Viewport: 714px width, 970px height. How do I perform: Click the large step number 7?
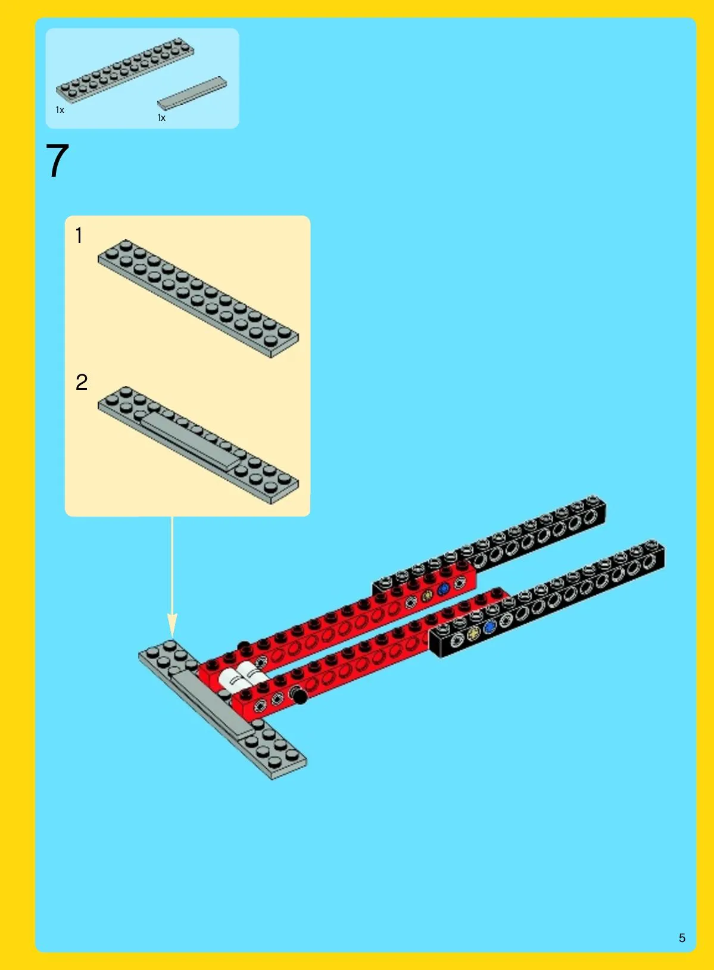click(x=57, y=161)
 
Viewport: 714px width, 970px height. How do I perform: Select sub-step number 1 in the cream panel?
click(x=79, y=235)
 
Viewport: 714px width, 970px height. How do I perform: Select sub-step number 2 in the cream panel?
click(x=82, y=383)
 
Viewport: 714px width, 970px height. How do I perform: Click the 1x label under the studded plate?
click(x=60, y=111)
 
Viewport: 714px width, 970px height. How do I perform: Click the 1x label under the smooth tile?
click(x=161, y=118)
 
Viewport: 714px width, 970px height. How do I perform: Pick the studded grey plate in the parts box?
click(x=125, y=70)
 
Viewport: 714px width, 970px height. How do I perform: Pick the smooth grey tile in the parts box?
click(x=192, y=93)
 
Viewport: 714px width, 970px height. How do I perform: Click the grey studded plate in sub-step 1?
click(x=198, y=298)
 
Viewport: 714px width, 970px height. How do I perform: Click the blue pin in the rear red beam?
click(x=443, y=589)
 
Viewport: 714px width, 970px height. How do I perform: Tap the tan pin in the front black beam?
click(x=473, y=634)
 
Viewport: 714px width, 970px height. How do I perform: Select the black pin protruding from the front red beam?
click(x=298, y=696)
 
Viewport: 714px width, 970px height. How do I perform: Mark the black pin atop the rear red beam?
click(x=244, y=645)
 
